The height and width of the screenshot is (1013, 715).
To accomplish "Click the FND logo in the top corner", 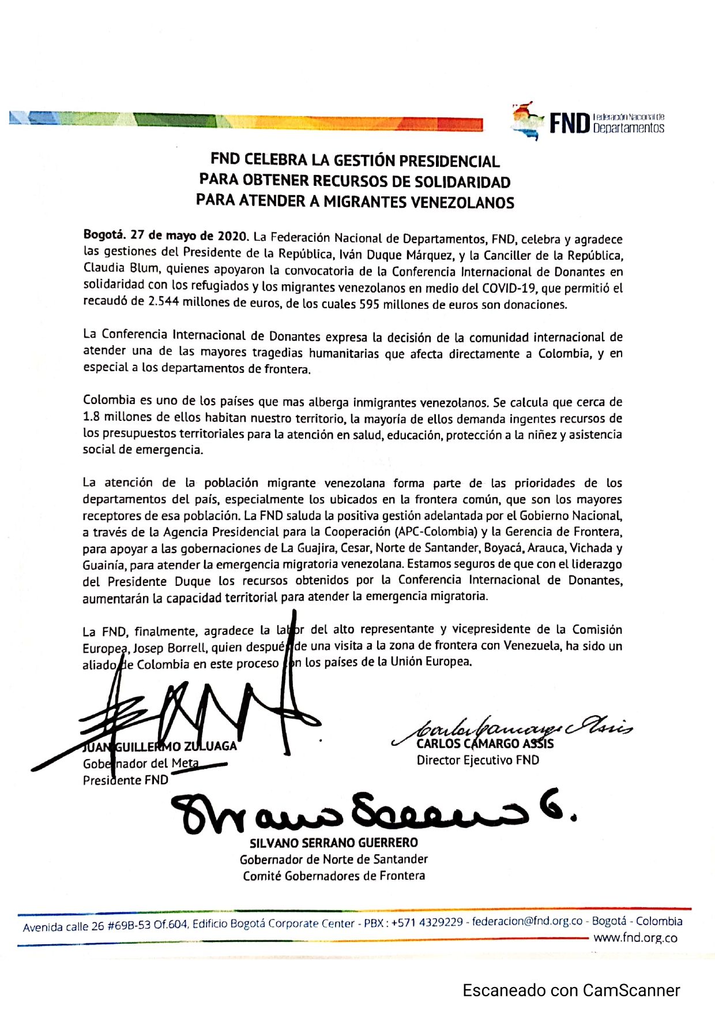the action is (587, 122).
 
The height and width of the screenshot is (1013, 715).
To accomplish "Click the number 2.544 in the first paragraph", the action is (163, 302).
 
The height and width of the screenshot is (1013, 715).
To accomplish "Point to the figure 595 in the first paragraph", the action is (369, 304).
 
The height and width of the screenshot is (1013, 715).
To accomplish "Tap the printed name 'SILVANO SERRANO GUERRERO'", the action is (334, 843).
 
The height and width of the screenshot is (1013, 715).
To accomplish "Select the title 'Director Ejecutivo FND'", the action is (478, 760).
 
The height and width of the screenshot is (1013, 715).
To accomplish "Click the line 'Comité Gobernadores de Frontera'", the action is (334, 876).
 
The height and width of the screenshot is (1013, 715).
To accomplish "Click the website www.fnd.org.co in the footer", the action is (635, 937).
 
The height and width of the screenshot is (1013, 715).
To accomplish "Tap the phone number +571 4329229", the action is (427, 922).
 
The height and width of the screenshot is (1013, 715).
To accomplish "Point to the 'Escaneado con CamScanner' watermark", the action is (571, 990).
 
